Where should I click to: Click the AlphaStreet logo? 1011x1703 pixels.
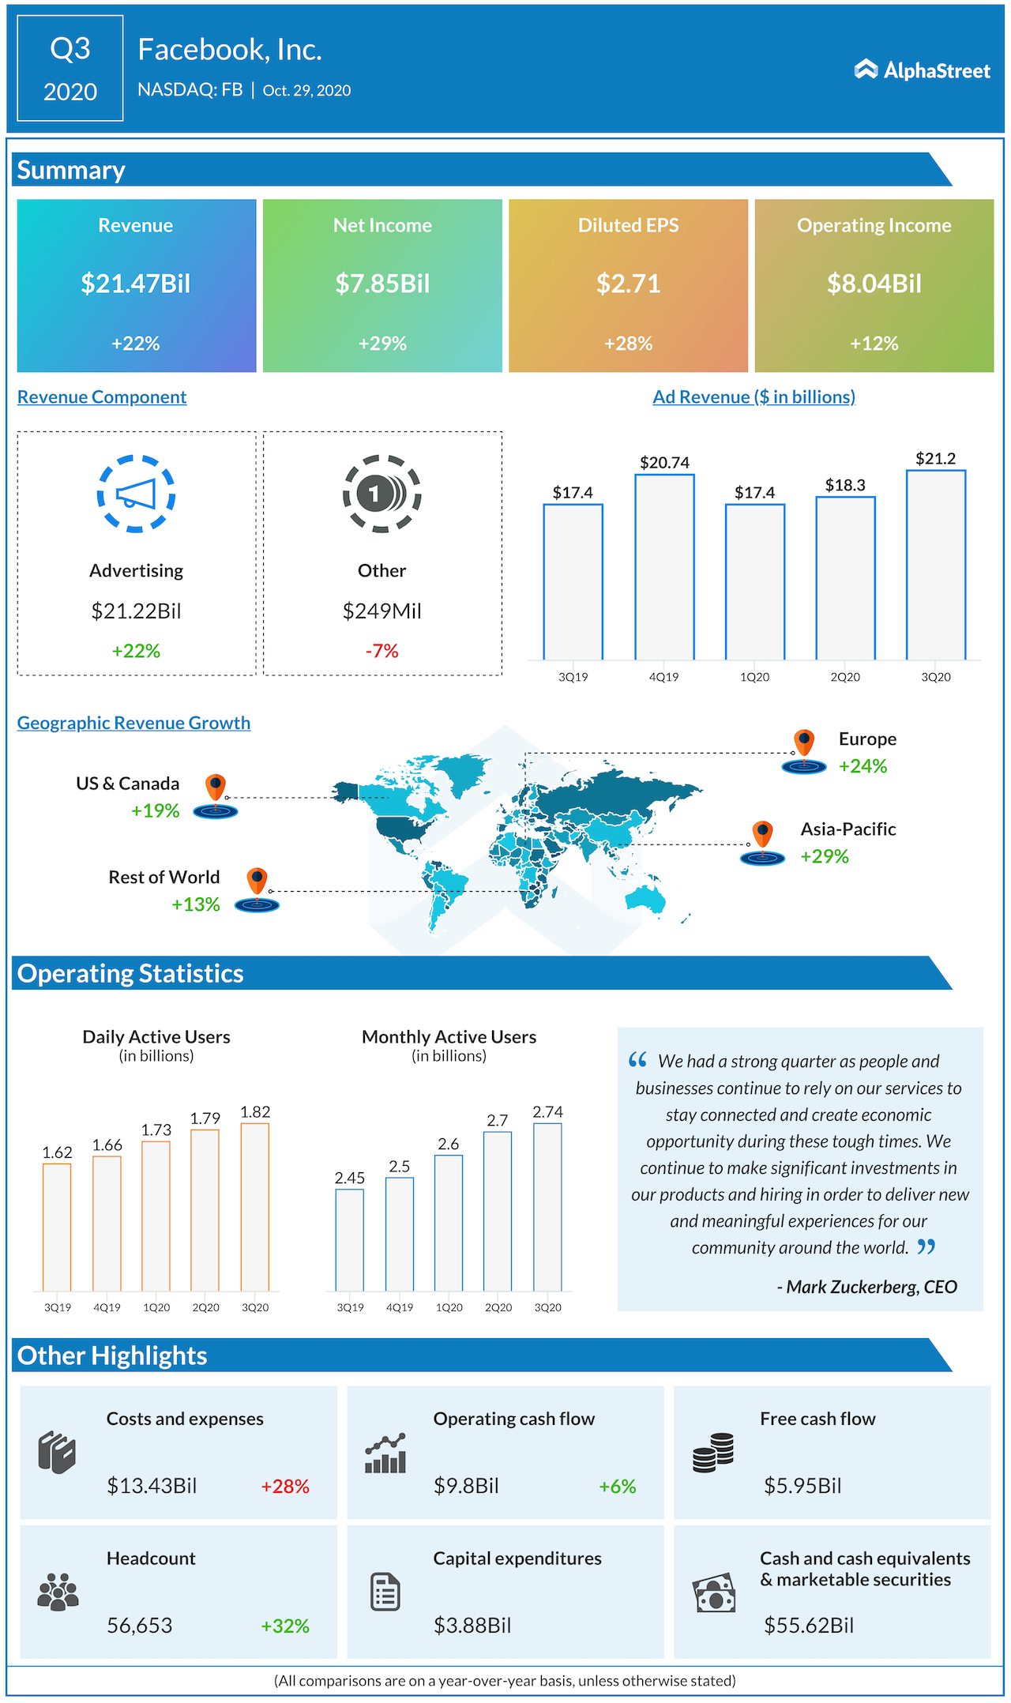point(922,70)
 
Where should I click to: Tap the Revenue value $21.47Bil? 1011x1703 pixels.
point(136,284)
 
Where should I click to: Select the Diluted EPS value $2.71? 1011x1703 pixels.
point(628,284)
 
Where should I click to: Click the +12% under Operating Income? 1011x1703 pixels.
point(874,344)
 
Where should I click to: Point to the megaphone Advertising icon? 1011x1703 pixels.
point(136,494)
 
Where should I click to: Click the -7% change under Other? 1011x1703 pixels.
point(381,651)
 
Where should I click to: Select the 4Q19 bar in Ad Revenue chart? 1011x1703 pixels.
point(664,567)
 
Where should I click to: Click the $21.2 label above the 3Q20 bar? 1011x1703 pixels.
point(935,458)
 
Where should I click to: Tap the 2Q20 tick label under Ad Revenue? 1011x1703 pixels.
point(845,677)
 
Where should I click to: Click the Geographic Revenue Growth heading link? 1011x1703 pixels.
point(133,723)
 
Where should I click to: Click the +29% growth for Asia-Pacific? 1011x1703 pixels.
point(825,856)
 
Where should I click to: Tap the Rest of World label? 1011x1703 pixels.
point(164,877)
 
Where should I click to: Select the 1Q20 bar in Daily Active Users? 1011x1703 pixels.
point(156,1216)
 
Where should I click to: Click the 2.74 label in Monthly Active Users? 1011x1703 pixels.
point(547,1112)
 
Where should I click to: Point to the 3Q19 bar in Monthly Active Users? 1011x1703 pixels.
point(350,1240)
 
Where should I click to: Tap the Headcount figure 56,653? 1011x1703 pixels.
point(140,1626)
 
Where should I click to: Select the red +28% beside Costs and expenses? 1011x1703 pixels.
point(285,1487)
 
